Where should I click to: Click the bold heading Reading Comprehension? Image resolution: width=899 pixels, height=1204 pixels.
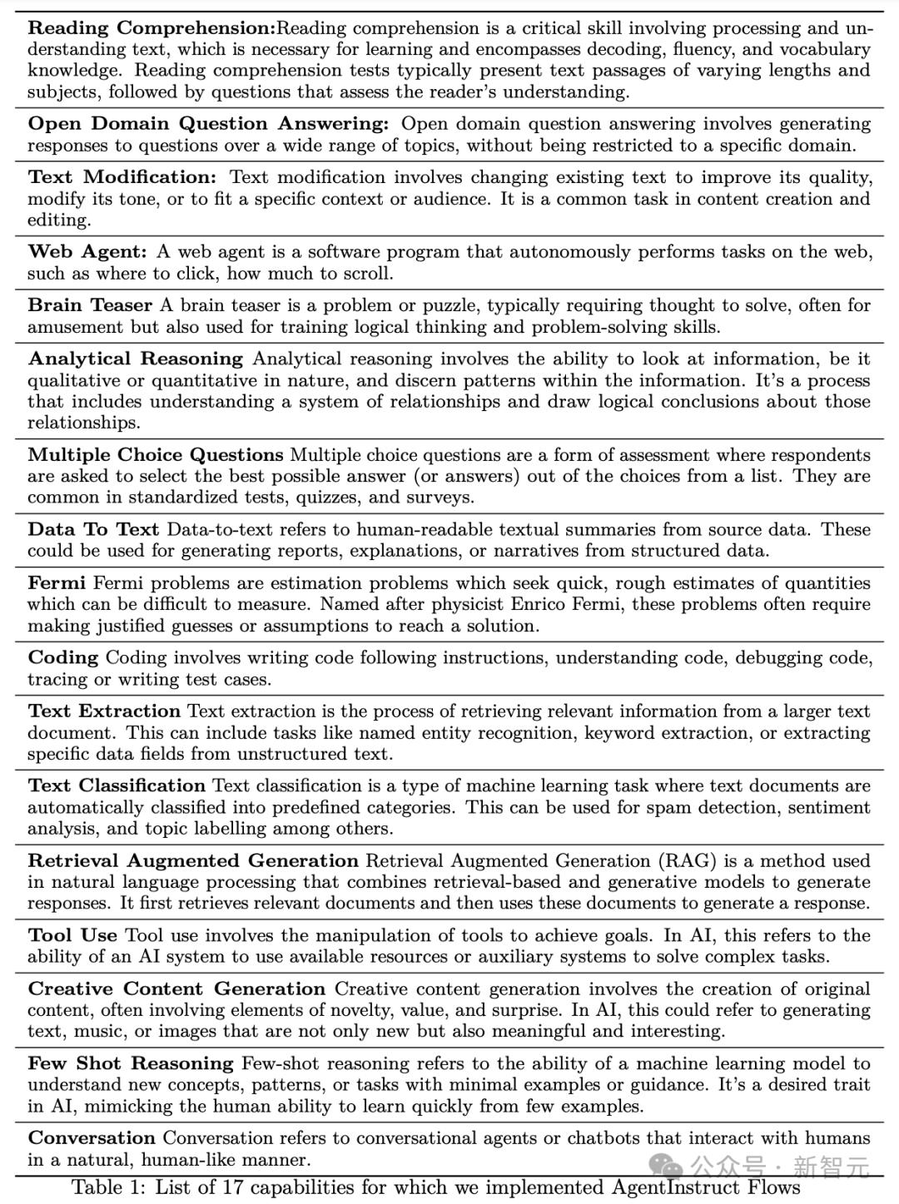tap(151, 28)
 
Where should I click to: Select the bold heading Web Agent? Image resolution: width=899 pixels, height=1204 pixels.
tap(87, 252)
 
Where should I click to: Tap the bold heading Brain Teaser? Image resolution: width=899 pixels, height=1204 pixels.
tap(90, 305)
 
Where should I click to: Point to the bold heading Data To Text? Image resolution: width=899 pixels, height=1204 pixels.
tap(93, 530)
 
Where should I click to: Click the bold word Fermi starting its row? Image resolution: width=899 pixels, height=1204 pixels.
tap(57, 583)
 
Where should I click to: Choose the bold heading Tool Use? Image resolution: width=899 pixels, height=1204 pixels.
tap(72, 935)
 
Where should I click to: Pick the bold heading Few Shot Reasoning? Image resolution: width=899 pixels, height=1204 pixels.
tap(131, 1063)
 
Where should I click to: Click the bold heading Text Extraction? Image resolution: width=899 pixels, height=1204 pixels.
tap(104, 711)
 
